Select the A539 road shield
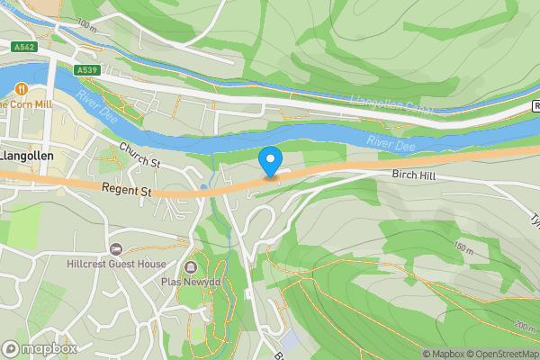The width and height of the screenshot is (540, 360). pos(86,70)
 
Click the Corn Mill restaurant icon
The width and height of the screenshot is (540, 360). pos(21,89)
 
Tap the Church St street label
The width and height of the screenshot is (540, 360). pos(139,157)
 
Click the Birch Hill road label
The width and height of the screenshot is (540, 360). pos(413,176)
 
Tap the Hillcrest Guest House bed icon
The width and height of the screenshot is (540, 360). pos(115,248)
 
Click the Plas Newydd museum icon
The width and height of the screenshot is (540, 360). pos(191,267)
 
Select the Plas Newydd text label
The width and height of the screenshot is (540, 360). pos(191,283)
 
